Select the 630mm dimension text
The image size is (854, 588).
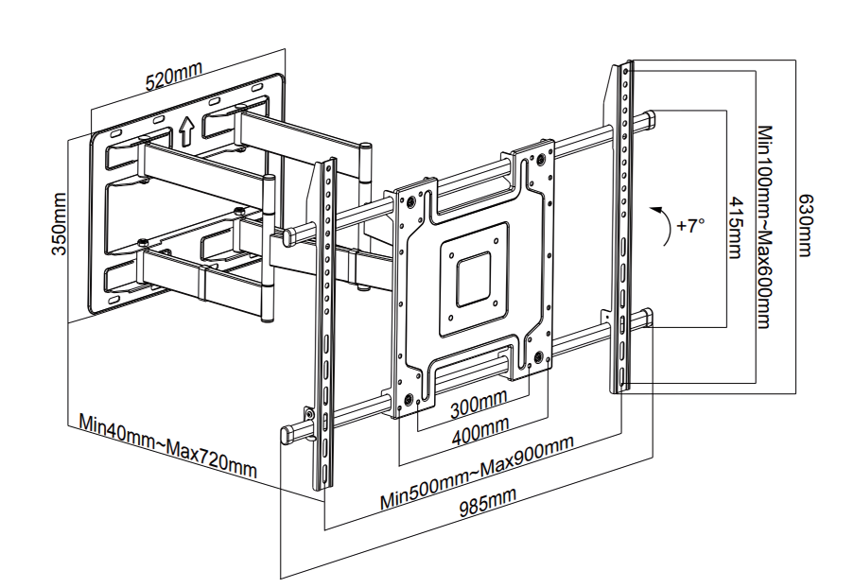coord(805,226)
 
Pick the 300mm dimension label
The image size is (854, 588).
coord(477,409)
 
